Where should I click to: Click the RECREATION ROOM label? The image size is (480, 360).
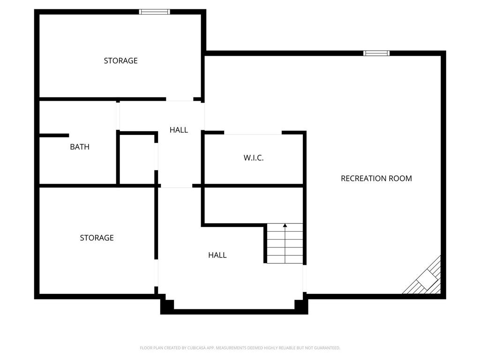coord(376,178)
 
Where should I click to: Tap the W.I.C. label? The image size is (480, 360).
coord(254,157)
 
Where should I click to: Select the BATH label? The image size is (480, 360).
coord(80,147)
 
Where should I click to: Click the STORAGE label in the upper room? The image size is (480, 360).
coord(120,60)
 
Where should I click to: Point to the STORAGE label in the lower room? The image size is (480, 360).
coord(97,238)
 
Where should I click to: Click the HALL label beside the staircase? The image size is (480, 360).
coord(217,255)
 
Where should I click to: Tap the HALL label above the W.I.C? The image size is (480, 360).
coord(179,130)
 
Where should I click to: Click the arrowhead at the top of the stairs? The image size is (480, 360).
coord(285,225)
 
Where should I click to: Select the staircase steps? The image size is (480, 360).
coord(285,243)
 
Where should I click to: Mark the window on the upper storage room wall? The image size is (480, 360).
coord(154,12)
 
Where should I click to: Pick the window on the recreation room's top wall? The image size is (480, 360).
coord(376,53)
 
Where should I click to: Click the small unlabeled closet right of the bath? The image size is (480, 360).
coord(137,159)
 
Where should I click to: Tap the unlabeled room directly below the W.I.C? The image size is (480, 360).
coord(254,205)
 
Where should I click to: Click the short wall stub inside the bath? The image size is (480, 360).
coord(54,135)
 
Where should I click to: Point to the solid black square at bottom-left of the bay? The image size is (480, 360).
coord(167,307)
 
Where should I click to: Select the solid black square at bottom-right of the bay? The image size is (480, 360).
coord(301,307)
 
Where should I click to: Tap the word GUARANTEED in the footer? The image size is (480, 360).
coord(327,348)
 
